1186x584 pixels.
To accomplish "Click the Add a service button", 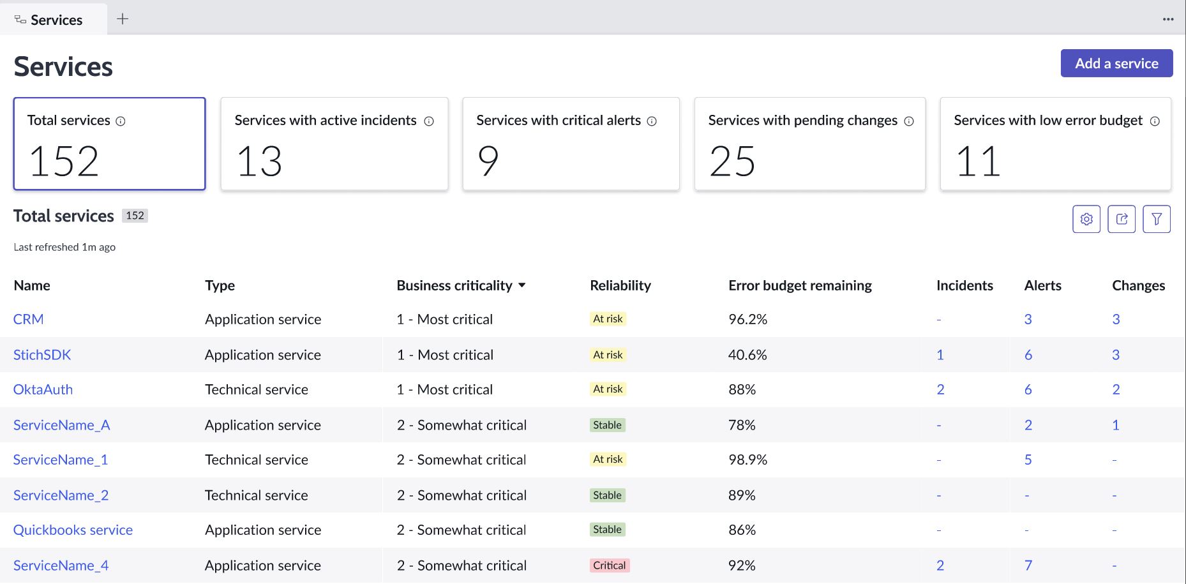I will (1116, 63).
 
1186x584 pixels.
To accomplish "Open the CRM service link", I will (29, 319).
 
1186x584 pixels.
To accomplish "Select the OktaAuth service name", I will (43, 389).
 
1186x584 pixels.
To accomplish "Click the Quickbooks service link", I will (73, 530).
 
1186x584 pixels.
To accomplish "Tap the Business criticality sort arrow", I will (522, 285).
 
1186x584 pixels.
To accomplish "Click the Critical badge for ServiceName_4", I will (609, 565).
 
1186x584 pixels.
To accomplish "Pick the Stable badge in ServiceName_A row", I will (607, 425).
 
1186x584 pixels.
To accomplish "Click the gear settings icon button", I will (1086, 220).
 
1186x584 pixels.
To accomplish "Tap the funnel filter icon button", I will (1156, 220).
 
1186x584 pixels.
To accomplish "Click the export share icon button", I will (1122, 220).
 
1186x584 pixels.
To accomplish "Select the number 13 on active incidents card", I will (259, 161).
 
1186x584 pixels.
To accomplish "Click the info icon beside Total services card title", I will (121, 121).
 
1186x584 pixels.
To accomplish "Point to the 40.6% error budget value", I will (747, 355).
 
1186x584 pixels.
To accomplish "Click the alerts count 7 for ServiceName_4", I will (1028, 565).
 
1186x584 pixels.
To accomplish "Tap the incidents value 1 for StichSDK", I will (940, 355).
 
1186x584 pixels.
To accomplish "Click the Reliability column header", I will (620, 285).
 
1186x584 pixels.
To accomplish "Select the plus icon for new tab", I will (123, 19).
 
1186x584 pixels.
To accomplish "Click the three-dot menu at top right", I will (1167, 19).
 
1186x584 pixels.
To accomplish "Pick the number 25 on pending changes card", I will (732, 161).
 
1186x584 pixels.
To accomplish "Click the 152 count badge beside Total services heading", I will (135, 216).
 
